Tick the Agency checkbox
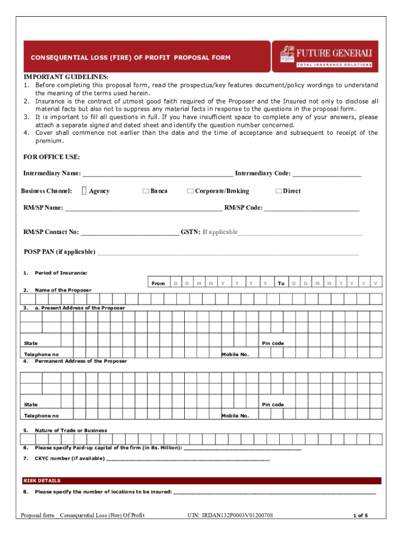[x=85, y=191]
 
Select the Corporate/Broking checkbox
[x=190, y=191]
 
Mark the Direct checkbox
[x=278, y=191]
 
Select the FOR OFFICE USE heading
[x=51, y=157]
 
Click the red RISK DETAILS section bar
[x=201, y=481]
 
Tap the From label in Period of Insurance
[x=158, y=284]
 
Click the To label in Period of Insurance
[x=281, y=284]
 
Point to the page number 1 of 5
[x=360, y=516]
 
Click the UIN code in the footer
[x=230, y=516]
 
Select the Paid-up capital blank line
[x=243, y=449]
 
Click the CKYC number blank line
[x=188, y=460]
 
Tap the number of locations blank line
[x=274, y=493]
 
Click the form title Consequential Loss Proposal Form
[x=131, y=57]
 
